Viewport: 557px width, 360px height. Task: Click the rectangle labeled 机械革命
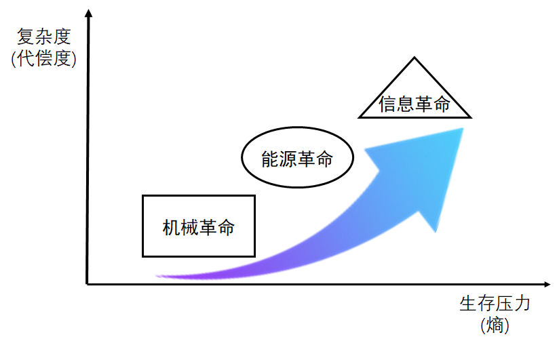click(198, 226)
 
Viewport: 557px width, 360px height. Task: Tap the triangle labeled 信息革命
click(415, 95)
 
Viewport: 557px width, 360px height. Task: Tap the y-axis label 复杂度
click(43, 37)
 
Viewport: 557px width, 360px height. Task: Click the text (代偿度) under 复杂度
click(43, 58)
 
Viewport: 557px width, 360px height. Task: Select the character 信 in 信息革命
click(388, 104)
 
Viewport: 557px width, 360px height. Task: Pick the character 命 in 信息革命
click(442, 104)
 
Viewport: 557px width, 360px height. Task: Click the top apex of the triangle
click(414, 58)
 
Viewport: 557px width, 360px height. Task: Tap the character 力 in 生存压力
click(521, 303)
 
